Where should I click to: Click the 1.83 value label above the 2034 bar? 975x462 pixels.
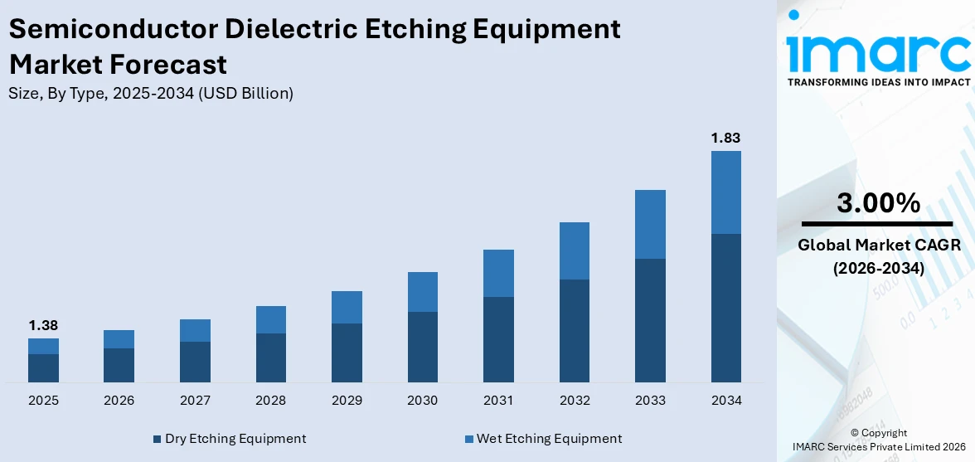pos(725,138)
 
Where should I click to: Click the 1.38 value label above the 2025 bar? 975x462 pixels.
pos(43,325)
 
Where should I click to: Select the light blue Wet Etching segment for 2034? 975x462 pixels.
pos(725,192)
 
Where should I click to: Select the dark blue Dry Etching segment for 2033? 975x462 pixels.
pos(650,320)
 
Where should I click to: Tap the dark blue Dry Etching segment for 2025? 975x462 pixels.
pos(43,367)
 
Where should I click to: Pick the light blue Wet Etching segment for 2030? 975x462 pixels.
pos(422,292)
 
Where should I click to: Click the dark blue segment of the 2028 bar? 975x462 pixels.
pos(271,357)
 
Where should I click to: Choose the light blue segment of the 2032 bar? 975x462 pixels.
pos(574,250)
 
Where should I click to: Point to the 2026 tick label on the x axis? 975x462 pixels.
pos(119,401)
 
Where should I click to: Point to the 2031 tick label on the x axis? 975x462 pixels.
pos(498,401)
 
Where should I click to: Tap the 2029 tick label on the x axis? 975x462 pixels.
pos(347,401)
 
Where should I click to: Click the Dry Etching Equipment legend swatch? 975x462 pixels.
pos(157,439)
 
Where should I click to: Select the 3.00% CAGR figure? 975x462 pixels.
pos(878,202)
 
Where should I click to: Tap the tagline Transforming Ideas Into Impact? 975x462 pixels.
pos(878,82)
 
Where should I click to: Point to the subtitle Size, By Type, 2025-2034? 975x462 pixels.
pos(151,94)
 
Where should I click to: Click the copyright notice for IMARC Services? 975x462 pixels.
pos(878,440)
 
